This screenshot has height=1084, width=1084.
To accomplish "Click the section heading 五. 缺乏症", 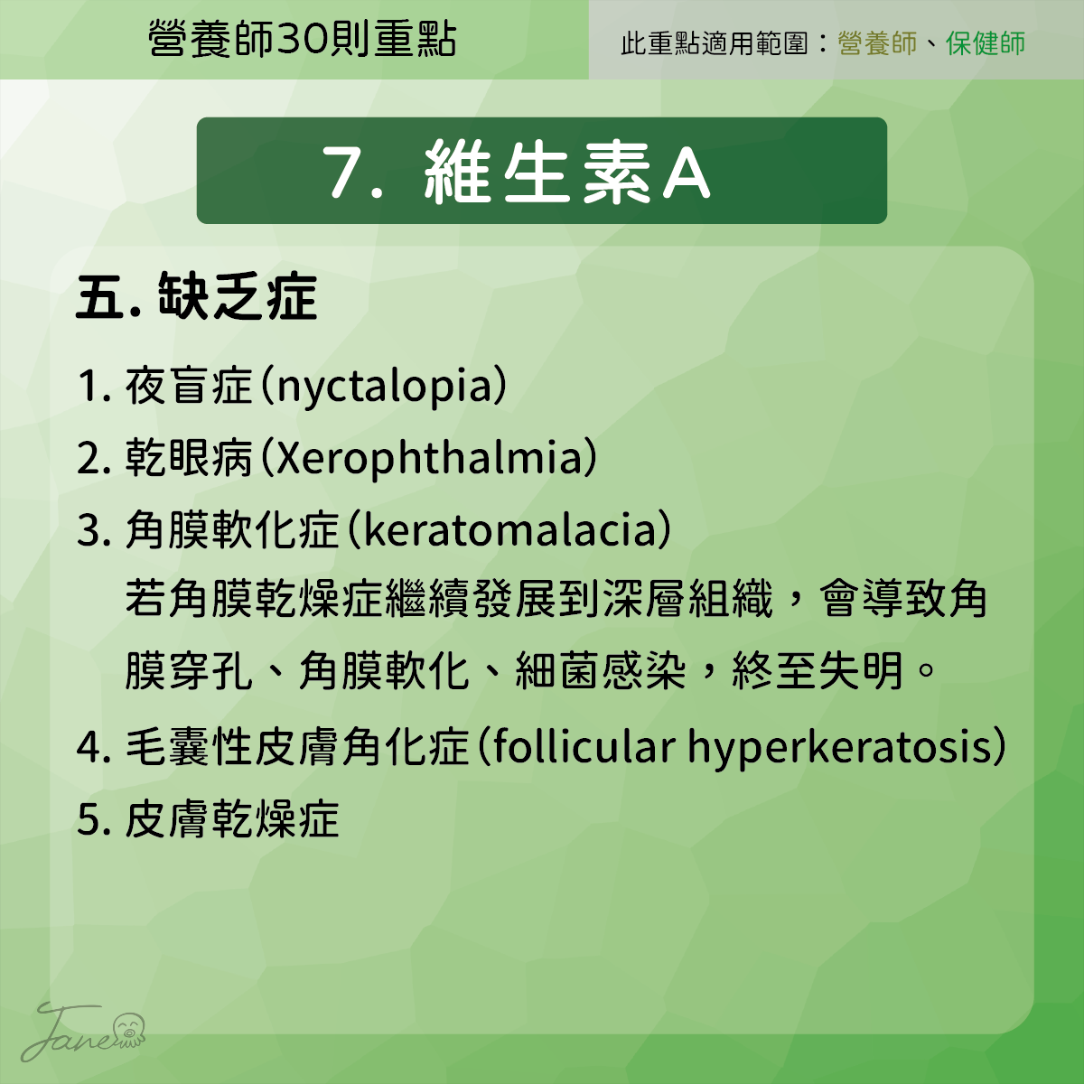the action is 197,296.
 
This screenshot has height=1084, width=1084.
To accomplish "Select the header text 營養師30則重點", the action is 302,40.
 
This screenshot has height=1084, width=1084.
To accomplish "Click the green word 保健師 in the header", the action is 985,43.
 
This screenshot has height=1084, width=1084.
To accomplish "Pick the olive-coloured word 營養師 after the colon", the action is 877,43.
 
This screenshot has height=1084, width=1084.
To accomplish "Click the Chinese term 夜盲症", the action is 189,386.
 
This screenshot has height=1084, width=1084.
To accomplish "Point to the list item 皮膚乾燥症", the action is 232,819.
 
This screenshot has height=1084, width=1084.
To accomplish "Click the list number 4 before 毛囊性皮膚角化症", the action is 88,748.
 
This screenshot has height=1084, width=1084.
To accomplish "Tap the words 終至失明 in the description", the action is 818,670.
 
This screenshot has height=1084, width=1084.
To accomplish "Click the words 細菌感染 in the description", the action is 601,670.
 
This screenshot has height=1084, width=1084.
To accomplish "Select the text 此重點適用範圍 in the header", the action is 715,43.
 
